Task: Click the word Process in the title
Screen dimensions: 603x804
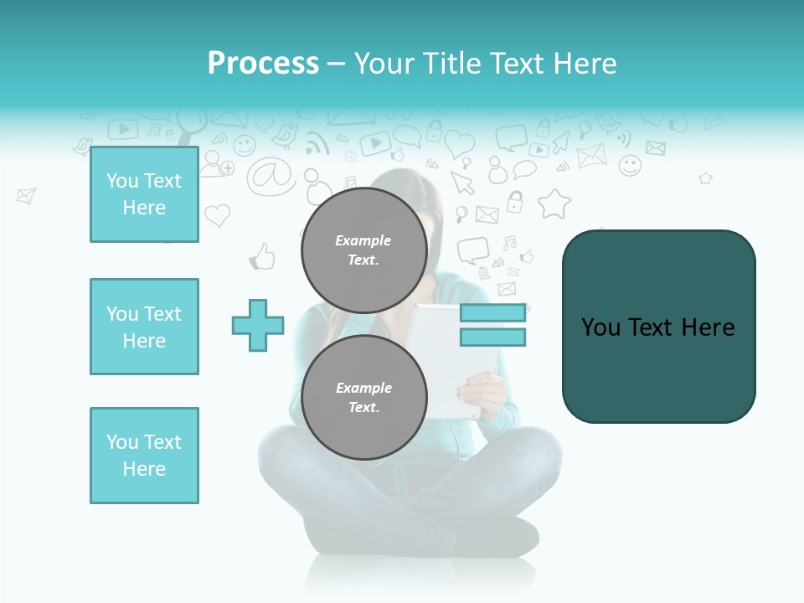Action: (x=263, y=64)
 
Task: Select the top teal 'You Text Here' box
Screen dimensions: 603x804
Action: (x=144, y=194)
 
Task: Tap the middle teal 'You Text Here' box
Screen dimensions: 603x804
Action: (x=144, y=327)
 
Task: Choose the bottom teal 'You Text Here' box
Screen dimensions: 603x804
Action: (x=144, y=456)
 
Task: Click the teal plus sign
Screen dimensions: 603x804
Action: (x=258, y=325)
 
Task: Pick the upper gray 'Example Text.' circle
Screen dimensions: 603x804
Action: (x=363, y=250)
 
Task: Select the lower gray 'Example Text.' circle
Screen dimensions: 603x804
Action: (x=363, y=397)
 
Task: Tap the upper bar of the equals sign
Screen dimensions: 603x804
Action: (x=492, y=312)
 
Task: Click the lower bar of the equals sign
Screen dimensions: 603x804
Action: (x=492, y=338)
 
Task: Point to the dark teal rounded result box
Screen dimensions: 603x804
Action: (x=658, y=327)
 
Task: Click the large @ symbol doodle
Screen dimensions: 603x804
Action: (x=271, y=175)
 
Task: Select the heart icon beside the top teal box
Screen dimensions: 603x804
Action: (x=217, y=215)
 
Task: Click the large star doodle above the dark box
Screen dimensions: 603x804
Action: (x=554, y=204)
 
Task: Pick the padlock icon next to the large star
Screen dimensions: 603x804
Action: (x=515, y=202)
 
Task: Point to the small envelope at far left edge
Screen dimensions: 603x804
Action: (x=26, y=196)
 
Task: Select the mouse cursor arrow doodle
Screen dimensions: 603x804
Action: (x=461, y=182)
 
